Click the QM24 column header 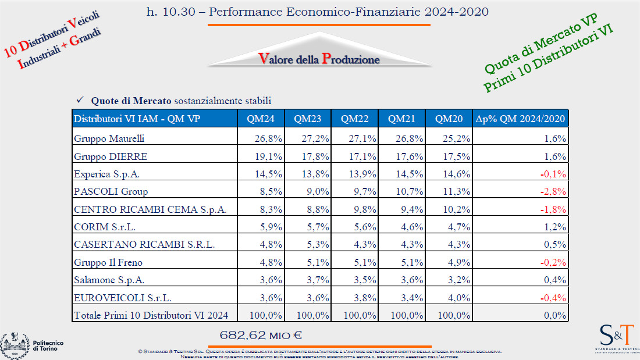pos(261,119)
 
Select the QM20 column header pos(449,119)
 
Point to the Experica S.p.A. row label pos(107,174)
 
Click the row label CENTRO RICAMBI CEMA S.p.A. pos(150,209)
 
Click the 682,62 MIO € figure pos(261,335)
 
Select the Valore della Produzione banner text pos(319,59)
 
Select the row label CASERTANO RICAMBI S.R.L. pos(144,244)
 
